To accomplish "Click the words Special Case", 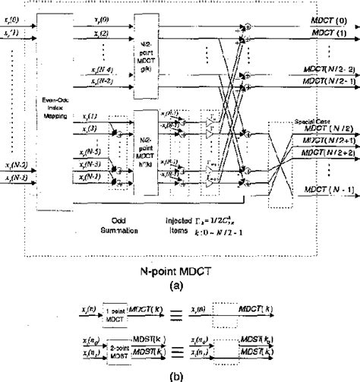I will pyautogui.click(x=312, y=120).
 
